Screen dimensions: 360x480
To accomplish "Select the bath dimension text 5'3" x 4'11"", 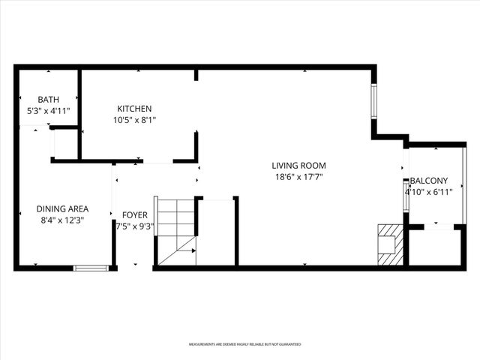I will tap(48, 111).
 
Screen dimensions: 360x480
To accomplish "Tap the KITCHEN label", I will tap(134, 109).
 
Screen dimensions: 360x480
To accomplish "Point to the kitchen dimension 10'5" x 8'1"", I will tap(134, 120).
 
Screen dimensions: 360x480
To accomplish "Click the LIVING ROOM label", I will tap(298, 166).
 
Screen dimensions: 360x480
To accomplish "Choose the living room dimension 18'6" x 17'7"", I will tap(298, 177).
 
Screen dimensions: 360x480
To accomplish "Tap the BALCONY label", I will tap(429, 181).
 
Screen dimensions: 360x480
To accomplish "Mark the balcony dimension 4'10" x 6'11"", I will tap(429, 192).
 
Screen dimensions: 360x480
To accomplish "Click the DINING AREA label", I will tap(63, 209).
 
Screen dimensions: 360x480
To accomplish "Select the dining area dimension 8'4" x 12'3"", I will tap(63, 220).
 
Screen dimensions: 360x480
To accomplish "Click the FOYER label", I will tap(135, 214).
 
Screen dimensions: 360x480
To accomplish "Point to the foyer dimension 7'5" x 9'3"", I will tap(135, 226).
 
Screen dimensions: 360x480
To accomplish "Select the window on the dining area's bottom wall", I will tap(91, 268).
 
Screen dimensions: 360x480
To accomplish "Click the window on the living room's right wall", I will tap(374, 101).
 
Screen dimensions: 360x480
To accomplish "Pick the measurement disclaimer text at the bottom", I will tap(244, 344).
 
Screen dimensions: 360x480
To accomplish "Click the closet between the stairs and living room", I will tap(217, 232).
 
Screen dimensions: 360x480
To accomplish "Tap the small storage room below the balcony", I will tap(435, 247).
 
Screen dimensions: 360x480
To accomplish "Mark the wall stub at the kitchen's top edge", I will tap(196, 74).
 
